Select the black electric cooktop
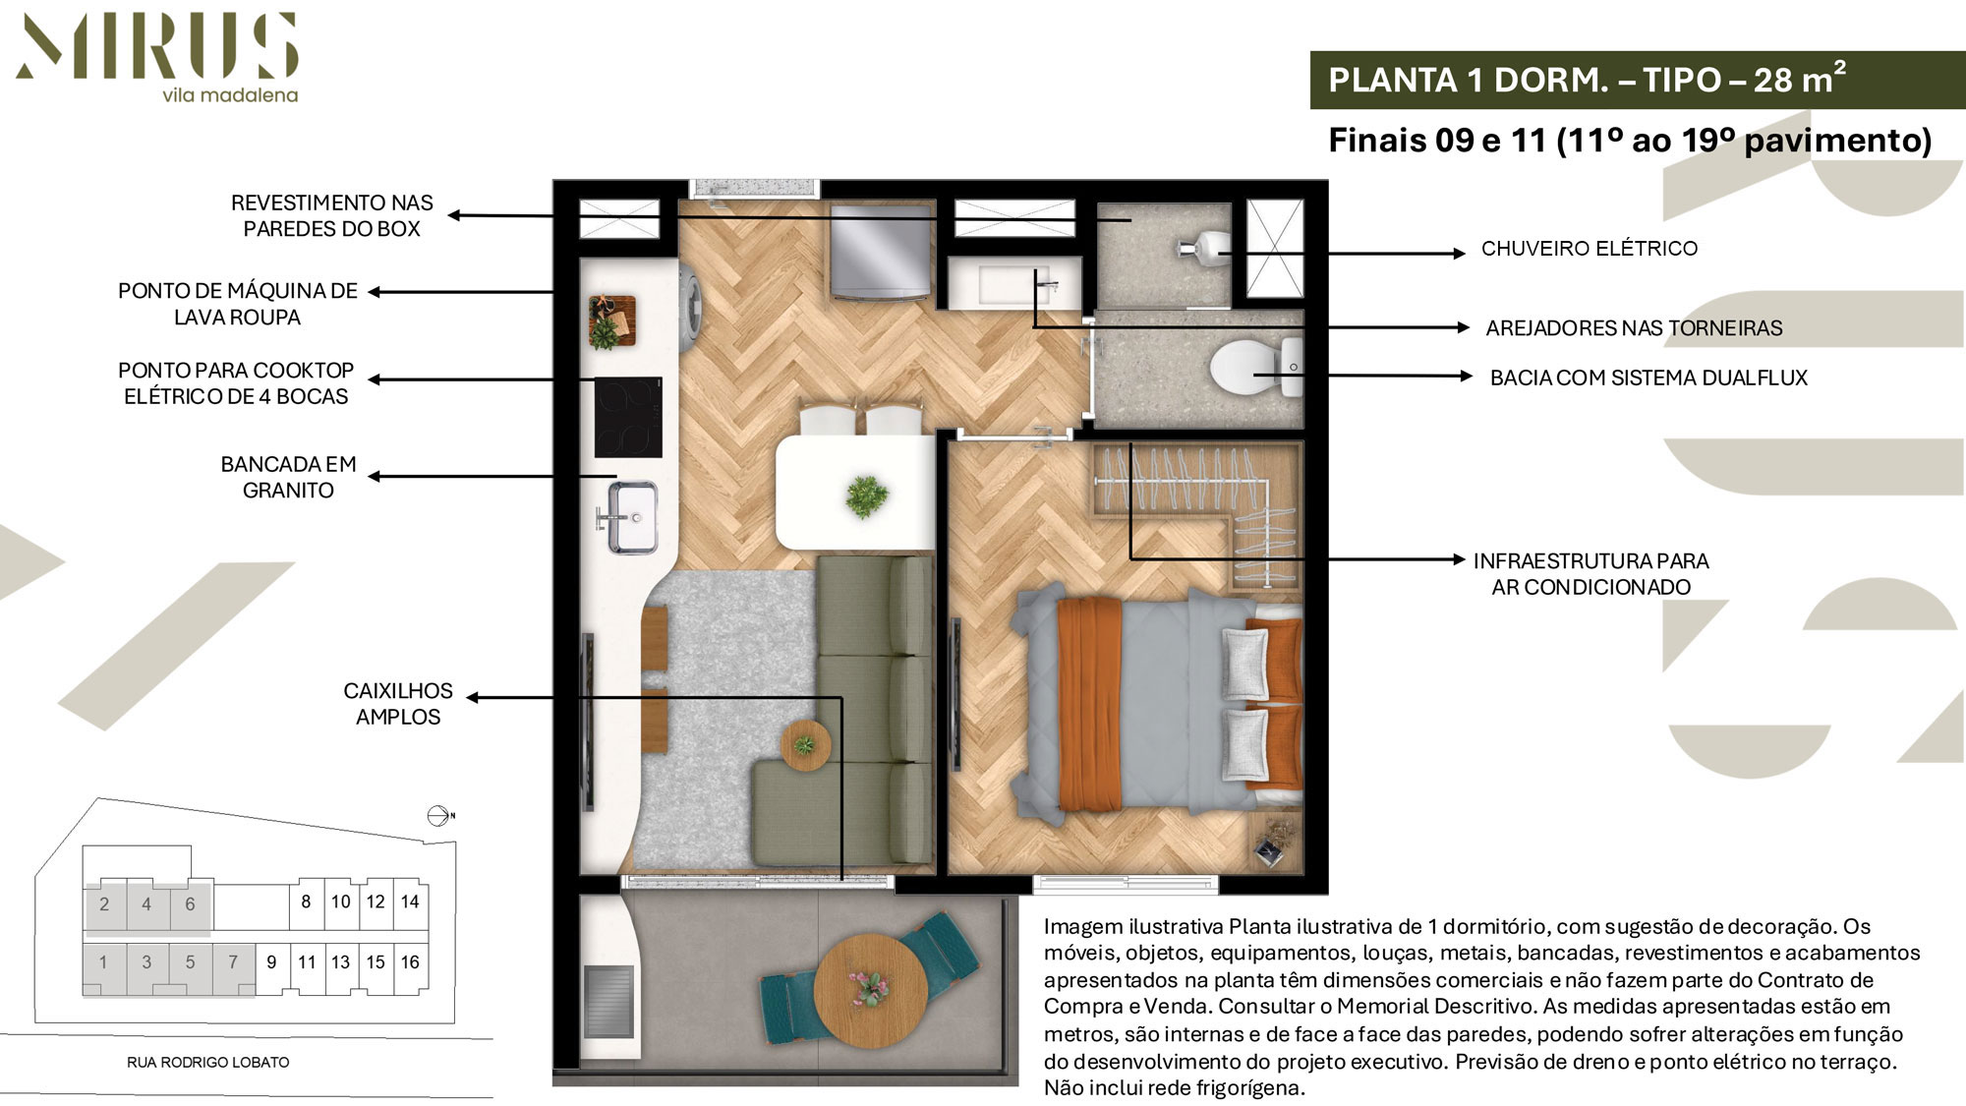pos(628,417)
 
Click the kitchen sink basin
pos(631,517)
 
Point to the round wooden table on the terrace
pos(871,989)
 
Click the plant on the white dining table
pos(866,495)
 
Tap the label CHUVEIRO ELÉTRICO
pos(1590,249)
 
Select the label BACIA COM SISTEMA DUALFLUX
pos(1648,378)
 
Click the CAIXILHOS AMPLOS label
pos(398,704)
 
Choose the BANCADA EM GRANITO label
pos(288,477)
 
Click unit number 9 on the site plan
pos(271,962)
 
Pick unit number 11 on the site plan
pos(307,962)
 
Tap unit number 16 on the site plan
pos(410,962)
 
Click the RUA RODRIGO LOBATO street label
pos(208,1063)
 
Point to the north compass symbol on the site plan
pos(440,816)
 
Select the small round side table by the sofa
pos(806,745)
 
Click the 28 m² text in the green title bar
pos(1800,79)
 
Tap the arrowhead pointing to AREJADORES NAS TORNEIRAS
pos(1464,328)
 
